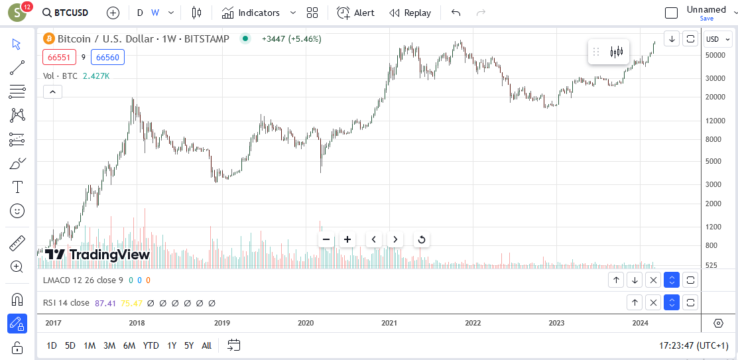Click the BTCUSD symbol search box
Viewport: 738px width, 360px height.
[65, 13]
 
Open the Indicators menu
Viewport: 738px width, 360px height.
[259, 13]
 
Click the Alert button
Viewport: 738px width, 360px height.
[356, 13]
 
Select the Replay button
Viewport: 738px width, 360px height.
[410, 13]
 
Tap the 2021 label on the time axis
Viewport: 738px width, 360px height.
[389, 323]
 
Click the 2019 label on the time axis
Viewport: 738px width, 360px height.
[221, 323]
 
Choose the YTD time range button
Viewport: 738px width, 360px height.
[151, 346]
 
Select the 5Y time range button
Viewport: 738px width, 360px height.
[189, 346]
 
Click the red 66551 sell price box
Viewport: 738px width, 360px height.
[59, 58]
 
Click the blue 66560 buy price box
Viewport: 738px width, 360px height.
[107, 58]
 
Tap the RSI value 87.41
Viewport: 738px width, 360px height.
[105, 303]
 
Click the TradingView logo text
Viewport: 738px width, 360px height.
[109, 255]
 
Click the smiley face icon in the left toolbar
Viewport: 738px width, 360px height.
[17, 211]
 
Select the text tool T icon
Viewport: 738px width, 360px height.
[17, 187]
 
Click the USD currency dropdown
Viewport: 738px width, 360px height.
[717, 39]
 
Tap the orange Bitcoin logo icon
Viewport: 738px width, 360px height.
[48, 38]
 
